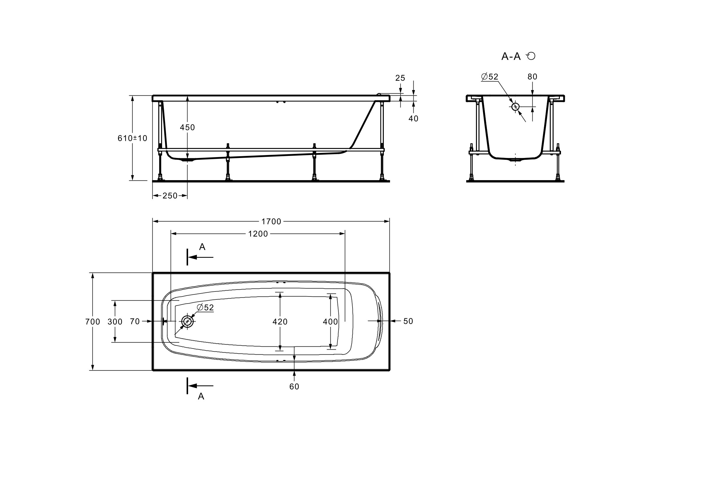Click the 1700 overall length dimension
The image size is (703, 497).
point(271,221)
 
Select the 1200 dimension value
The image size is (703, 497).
point(258,234)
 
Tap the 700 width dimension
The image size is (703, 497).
point(92,322)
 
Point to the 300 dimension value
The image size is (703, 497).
point(115,322)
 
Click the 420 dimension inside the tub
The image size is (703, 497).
point(280,322)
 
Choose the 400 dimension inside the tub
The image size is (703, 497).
point(330,322)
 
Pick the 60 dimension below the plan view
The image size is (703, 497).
point(294,387)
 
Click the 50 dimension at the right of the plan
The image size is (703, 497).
point(408,321)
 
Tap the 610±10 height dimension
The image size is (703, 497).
point(132,138)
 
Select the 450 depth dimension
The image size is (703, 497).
point(187,127)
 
